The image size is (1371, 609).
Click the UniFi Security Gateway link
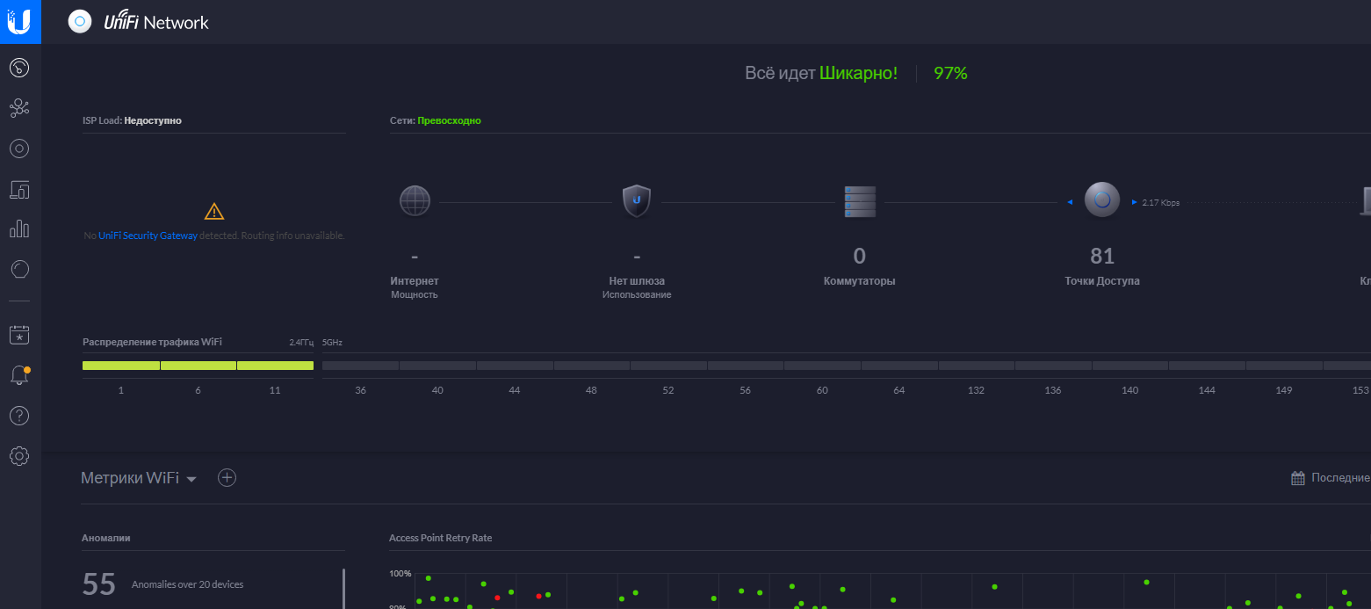tap(148, 236)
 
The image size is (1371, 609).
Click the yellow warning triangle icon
tap(214, 211)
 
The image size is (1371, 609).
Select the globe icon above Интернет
tap(415, 200)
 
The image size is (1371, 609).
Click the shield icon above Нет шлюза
tap(637, 200)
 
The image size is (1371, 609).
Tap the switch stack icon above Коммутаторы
tap(860, 201)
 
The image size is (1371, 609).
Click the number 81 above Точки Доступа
tap(1102, 256)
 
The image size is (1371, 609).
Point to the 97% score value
tap(950, 74)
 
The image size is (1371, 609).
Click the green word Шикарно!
tap(858, 74)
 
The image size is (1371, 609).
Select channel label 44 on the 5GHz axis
tap(515, 390)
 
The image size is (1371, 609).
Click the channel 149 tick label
tap(1283, 390)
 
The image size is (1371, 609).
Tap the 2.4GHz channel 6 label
tap(198, 390)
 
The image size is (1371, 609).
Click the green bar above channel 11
tap(275, 366)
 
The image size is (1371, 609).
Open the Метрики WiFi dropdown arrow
tap(191, 479)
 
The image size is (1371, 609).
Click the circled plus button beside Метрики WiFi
tap(227, 477)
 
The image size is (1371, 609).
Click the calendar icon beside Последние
tap(1298, 478)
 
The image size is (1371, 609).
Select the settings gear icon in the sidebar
tap(19, 455)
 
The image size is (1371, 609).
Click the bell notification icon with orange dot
tap(19, 375)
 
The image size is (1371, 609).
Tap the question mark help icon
tap(19, 416)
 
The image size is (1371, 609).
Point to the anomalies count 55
tap(99, 584)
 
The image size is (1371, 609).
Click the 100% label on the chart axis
tap(400, 574)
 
